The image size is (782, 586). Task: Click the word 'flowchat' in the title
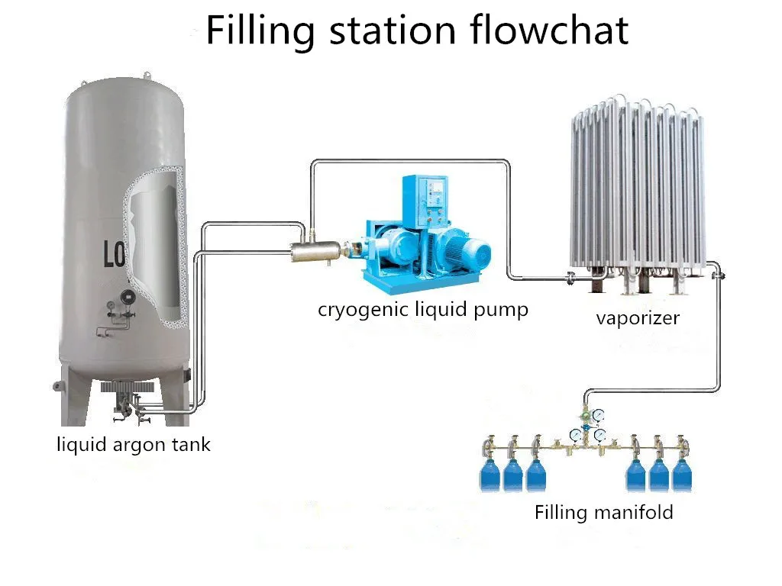coord(548,31)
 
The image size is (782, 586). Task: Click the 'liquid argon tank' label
coord(134,444)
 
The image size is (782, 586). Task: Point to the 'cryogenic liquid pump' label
coord(423,310)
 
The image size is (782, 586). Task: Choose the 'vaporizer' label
coord(638,317)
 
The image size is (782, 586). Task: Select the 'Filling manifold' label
coord(603,511)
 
